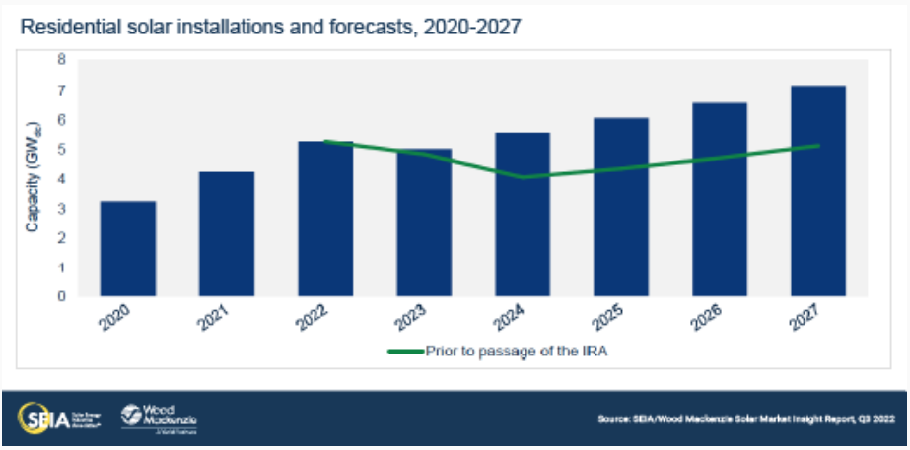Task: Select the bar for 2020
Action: click(127, 248)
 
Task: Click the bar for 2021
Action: click(226, 233)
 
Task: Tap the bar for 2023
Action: click(424, 222)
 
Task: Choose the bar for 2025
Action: click(621, 207)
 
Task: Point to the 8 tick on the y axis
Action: click(61, 61)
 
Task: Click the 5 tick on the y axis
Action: click(61, 150)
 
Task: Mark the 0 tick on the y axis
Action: click(61, 296)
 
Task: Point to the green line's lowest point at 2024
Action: click(524, 177)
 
